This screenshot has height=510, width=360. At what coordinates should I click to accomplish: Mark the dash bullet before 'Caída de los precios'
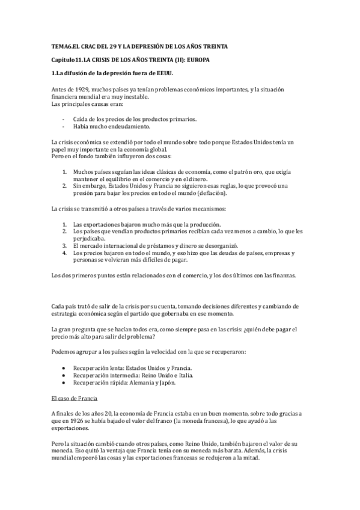[64, 119]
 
